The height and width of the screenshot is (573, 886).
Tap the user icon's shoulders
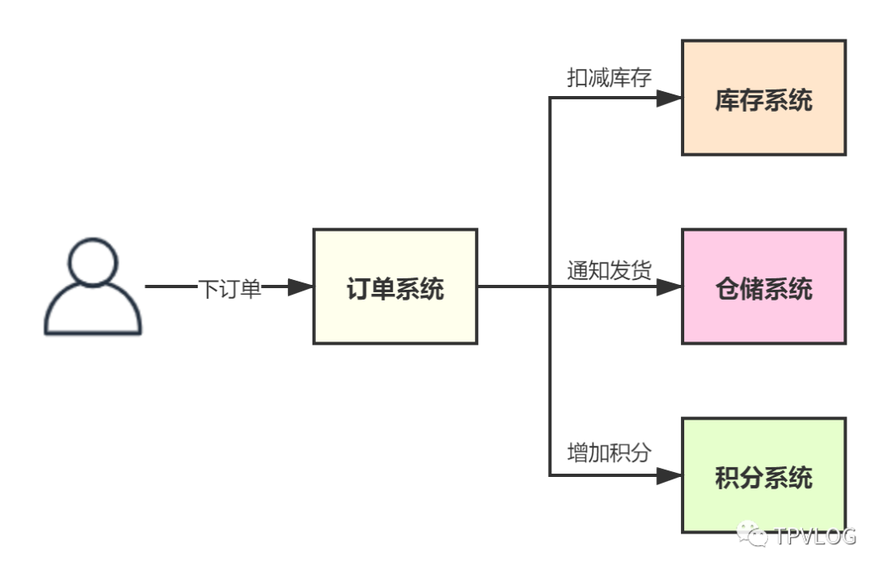tap(94, 316)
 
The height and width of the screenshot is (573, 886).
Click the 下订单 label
tap(230, 288)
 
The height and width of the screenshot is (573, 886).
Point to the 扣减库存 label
tap(610, 78)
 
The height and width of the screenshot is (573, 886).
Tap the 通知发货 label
tap(610, 270)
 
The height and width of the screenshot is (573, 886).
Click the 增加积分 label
tap(610, 452)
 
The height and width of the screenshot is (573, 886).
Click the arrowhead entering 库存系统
tap(669, 99)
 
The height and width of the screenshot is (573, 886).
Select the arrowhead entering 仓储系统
tap(669, 287)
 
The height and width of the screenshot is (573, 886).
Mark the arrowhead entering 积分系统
tap(669, 476)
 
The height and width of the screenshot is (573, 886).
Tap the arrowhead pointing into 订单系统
tap(300, 287)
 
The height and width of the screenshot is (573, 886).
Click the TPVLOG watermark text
tap(815, 537)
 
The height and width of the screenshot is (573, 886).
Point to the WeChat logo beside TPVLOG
tap(753, 535)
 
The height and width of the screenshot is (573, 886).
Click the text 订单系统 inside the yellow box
tap(395, 289)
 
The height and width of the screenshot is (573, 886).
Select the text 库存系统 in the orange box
tap(764, 101)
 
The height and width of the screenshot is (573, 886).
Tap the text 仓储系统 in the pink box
tap(764, 289)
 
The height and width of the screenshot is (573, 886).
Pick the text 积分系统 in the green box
tap(764, 478)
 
